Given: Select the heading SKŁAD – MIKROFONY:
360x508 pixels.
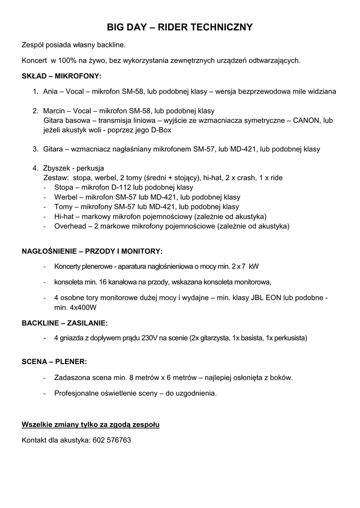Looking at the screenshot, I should click(62, 76).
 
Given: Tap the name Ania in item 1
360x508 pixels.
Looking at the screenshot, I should click(51, 91).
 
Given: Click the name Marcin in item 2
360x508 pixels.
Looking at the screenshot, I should click(54, 111).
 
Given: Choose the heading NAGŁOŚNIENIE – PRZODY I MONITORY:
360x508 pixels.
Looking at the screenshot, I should click(92, 251).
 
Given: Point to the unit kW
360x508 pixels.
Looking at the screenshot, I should click(254, 266).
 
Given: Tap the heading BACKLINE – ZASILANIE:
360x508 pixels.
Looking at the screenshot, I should click(65, 323).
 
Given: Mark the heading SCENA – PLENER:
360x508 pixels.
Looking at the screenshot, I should click(54, 362).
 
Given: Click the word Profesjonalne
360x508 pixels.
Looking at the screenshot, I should click(77, 393).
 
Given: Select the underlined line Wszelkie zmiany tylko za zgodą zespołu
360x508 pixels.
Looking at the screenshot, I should click(90, 425).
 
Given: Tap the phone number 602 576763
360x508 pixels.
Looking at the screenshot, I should click(112, 440).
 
